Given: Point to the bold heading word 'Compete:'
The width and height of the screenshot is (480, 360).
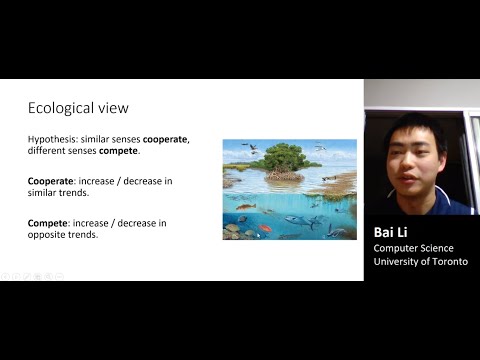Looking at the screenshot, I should click(49, 223).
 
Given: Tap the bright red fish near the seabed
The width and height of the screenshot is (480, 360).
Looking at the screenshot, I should click(266, 228).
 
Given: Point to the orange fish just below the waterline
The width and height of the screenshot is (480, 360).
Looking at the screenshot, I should click(244, 207).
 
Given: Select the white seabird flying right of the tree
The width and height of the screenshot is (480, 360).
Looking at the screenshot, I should click(320, 148).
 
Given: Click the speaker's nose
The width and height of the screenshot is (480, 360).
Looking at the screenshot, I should click(412, 157).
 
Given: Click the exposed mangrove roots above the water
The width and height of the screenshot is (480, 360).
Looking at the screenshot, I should click(284, 175).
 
